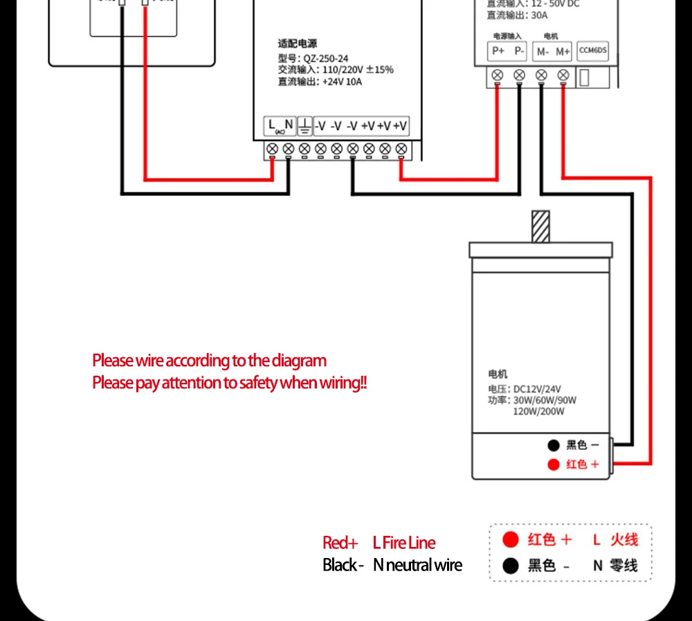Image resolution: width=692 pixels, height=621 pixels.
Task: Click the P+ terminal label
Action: (498, 51)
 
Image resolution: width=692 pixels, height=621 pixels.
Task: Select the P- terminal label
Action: (519, 51)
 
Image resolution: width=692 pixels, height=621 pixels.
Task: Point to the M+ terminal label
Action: (563, 51)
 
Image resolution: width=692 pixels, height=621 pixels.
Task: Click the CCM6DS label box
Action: (592, 51)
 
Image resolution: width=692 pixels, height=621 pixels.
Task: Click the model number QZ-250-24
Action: (323, 58)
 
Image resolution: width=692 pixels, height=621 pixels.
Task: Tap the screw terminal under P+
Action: (497, 75)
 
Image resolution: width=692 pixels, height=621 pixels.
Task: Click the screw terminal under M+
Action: (563, 75)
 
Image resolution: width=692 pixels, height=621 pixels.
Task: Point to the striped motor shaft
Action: (540, 226)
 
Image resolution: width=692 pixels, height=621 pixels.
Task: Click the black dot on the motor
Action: (553, 445)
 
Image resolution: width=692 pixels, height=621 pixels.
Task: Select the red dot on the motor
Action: (553, 465)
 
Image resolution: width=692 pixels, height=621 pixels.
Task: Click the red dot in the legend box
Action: (511, 539)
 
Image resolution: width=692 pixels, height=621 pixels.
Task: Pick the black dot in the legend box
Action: (511, 566)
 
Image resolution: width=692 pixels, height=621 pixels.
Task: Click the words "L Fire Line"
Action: (404, 543)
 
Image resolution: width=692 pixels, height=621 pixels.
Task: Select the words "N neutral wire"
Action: (417, 565)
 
